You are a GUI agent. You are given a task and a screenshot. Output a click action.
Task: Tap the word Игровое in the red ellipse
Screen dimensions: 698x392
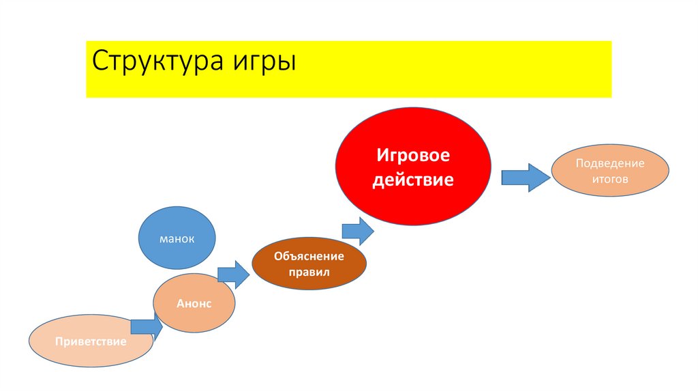point(414,156)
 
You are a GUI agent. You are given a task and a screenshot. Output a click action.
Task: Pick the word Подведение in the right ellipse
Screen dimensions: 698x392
point(610,164)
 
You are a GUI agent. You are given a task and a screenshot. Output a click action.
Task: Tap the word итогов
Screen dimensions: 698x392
point(610,178)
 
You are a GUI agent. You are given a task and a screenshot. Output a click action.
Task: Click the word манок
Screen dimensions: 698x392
point(177,239)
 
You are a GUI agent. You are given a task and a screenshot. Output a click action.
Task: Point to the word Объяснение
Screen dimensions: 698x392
point(309,257)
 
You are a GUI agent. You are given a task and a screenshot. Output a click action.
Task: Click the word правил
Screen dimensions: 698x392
point(309,272)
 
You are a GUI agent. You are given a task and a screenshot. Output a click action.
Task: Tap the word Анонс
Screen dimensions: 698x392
point(194,304)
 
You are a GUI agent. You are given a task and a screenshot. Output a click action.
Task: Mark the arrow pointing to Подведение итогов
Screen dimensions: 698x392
point(526,177)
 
